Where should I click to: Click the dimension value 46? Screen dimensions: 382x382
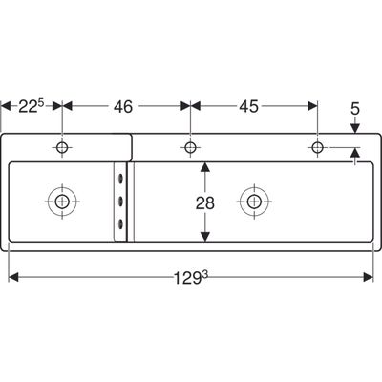[123, 106]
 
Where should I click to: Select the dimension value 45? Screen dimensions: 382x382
[248, 106]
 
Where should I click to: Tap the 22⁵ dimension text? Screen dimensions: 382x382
[32, 106]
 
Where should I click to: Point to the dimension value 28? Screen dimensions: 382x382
[205, 202]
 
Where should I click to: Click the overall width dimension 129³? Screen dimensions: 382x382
[191, 278]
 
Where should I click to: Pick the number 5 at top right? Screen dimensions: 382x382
[355, 109]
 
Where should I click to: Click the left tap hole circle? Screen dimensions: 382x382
[62, 147]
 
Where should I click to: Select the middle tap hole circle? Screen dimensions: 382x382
[190, 147]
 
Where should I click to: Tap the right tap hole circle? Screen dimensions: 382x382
[317, 147]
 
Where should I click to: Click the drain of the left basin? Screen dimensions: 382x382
[62, 202]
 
